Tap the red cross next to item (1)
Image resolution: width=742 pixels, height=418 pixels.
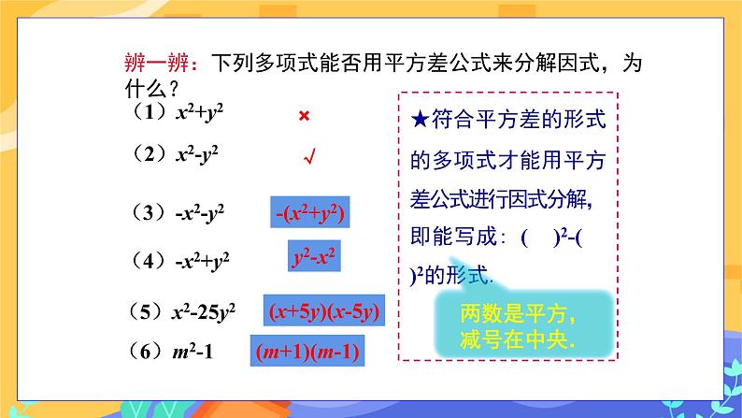click(304, 116)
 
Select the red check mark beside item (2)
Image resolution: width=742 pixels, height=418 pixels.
click(306, 159)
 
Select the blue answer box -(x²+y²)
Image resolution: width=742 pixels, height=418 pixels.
click(312, 214)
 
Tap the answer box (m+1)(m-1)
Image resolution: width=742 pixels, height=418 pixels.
click(307, 353)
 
